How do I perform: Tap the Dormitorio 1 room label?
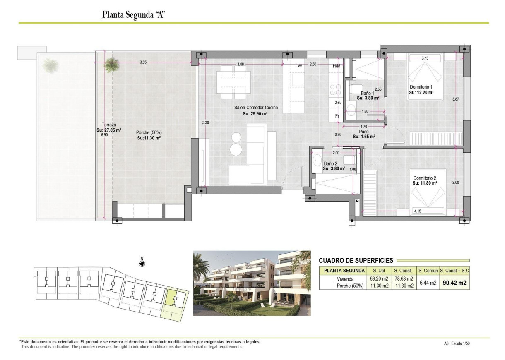421,87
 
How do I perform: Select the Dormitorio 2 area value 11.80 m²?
425,182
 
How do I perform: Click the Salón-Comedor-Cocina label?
255,108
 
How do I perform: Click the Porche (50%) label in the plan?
149,132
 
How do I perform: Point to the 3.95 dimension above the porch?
143,62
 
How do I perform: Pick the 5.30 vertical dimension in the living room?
206,122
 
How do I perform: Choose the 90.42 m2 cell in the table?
454,283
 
